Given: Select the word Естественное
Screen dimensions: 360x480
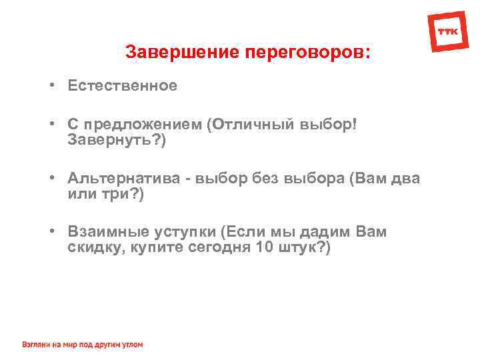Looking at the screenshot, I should pos(123,85).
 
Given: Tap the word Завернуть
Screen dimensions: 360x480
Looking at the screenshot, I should pos(103,141).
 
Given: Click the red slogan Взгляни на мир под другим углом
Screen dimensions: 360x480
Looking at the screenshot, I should pos(82,345).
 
